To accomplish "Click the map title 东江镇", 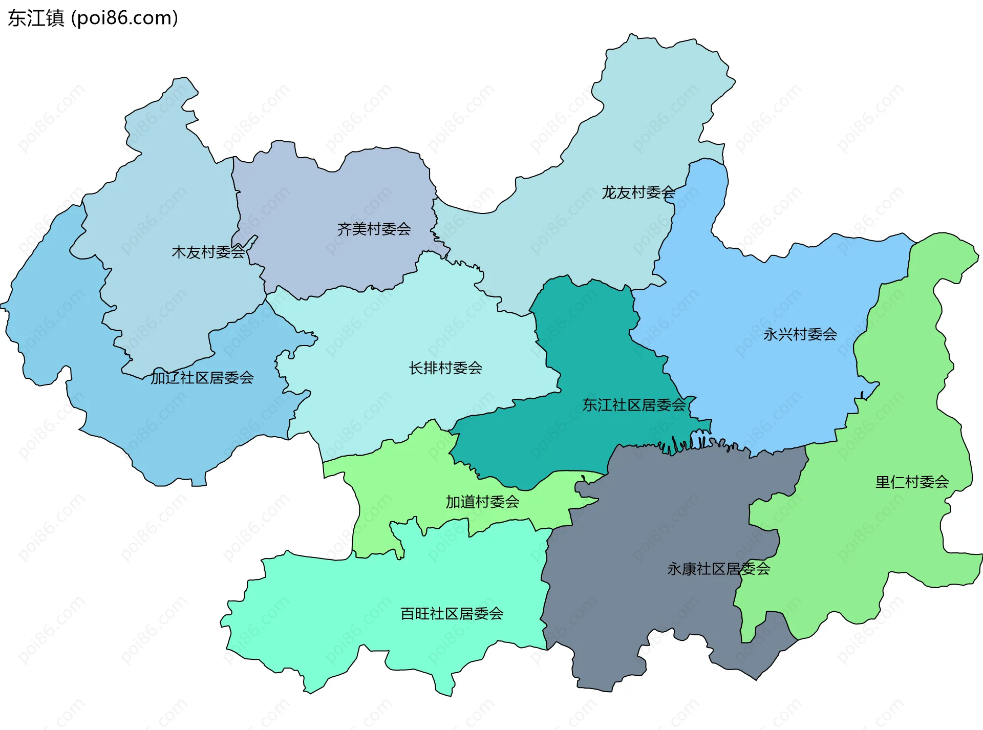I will (36, 18).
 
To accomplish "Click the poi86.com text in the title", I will (124, 18).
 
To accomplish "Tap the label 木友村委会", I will (208, 252).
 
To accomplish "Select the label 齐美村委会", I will (374, 229).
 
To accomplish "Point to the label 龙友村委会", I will (638, 192).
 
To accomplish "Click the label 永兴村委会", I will (800, 334).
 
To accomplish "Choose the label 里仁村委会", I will (912, 482).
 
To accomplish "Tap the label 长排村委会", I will (445, 368).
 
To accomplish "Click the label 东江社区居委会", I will (634, 405).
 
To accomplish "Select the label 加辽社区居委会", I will (202, 378).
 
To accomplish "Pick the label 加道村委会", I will (482, 502).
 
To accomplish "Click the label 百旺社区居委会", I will (452, 613).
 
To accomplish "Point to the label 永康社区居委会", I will (718, 569).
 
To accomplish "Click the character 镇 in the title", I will (55, 18).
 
